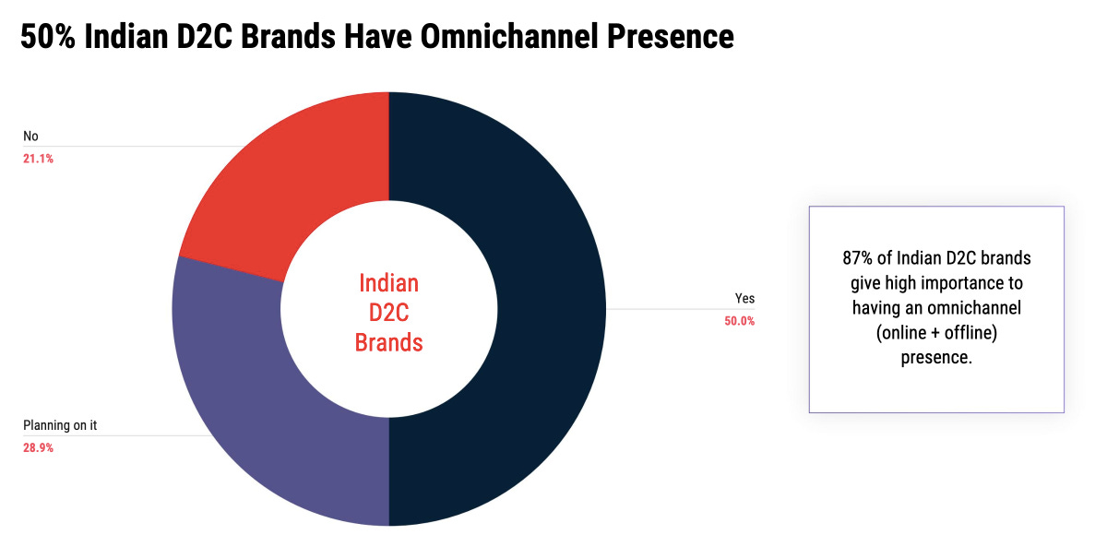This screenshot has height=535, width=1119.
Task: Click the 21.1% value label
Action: click(38, 159)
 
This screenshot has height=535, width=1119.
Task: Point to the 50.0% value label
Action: click(739, 322)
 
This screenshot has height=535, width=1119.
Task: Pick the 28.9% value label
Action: click(38, 448)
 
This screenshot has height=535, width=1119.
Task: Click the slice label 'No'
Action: click(30, 137)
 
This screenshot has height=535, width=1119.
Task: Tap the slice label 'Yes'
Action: click(744, 299)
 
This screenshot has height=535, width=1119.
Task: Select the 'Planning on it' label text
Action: click(60, 425)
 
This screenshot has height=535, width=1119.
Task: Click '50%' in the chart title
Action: click(47, 36)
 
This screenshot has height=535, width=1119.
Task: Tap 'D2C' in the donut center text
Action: click(388, 313)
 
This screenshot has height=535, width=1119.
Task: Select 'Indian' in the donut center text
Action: click(388, 282)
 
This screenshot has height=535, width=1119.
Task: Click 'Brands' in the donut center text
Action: click(388, 343)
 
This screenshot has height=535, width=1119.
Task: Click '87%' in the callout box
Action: click(857, 257)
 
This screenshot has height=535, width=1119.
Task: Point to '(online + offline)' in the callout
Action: click(936, 333)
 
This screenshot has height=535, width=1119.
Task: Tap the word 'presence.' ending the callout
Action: click(936, 358)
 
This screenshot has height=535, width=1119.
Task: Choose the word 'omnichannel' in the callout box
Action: click(973, 308)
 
